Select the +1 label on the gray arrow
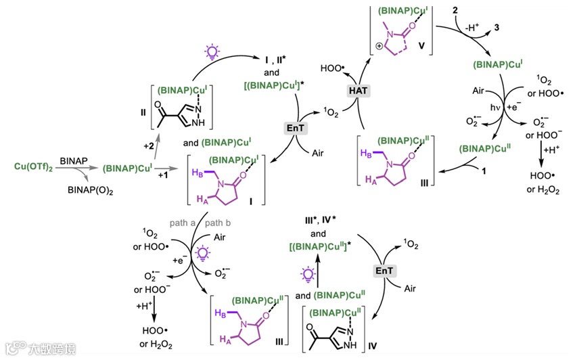tap(164, 175)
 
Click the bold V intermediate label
tap(421, 48)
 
